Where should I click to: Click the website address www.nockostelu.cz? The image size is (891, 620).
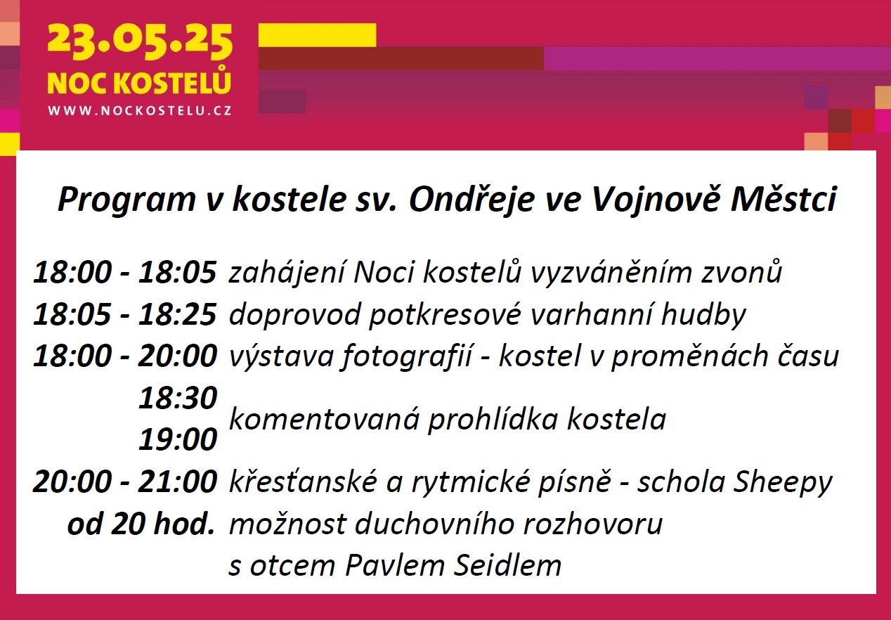tap(140, 110)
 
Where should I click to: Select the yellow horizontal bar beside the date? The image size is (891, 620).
tap(317, 35)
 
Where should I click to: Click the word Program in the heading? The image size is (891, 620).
tap(127, 200)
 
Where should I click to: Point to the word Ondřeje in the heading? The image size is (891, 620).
tap(471, 199)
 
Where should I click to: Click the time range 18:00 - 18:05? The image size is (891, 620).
tap(125, 273)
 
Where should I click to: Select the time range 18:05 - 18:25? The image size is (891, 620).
tap(125, 314)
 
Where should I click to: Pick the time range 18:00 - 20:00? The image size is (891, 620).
tap(125, 356)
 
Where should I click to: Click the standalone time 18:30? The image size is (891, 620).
tap(178, 398)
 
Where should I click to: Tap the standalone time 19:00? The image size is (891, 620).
tap(178, 439)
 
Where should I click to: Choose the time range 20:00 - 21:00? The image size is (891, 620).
tap(125, 482)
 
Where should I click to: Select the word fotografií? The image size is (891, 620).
tap(405, 357)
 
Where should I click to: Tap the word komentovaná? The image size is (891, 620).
tap(324, 420)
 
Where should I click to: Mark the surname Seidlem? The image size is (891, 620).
tap(507, 565)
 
